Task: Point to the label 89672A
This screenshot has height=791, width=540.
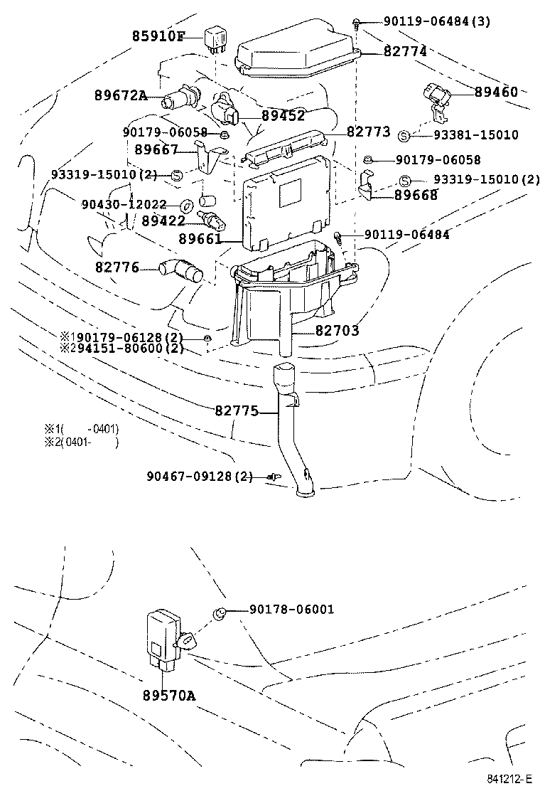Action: pos(120,95)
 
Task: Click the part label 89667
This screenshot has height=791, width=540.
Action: pos(156,149)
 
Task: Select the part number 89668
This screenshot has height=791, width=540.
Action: pos(416,195)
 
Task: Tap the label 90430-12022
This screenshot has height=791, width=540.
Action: pos(124,205)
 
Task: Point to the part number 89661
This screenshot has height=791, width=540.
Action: pos(201,240)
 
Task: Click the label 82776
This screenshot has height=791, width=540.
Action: pos(117,267)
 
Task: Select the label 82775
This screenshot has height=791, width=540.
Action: pos(237,410)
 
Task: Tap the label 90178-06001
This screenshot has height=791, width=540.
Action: pos(291,610)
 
